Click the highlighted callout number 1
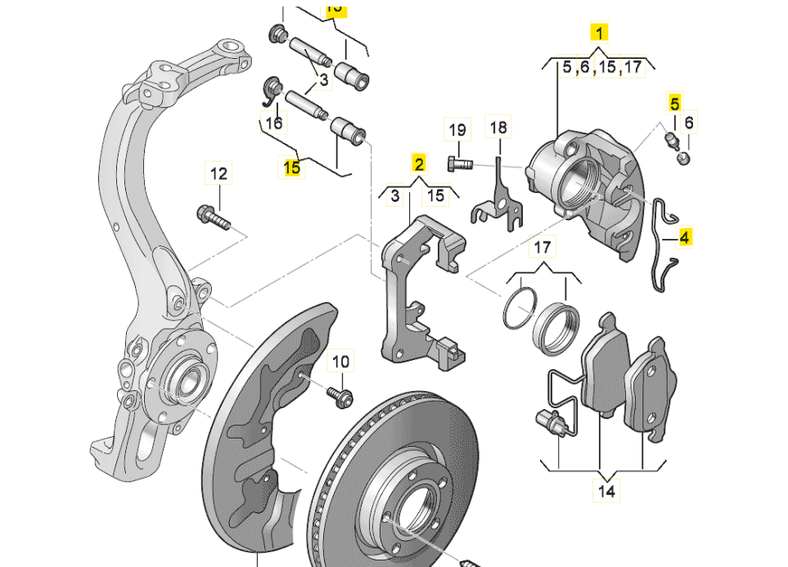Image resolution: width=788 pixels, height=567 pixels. point(600,34)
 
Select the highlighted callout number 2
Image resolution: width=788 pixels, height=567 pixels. point(418,163)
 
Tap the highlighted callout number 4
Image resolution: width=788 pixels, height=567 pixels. point(685,237)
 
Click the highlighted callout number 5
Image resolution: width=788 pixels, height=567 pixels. point(674,104)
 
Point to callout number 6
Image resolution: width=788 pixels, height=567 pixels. point(689,123)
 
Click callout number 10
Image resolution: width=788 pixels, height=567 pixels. point(340,361)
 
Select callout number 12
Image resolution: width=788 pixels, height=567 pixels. point(218,173)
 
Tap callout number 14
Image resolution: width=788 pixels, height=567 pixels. point(606,492)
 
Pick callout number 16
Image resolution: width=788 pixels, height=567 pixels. point(274,124)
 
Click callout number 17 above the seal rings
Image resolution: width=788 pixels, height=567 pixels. point(543,247)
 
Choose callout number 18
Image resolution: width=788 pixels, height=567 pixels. point(498,128)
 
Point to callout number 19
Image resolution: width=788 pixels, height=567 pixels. point(457,129)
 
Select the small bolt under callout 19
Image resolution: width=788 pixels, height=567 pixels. point(459,163)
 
